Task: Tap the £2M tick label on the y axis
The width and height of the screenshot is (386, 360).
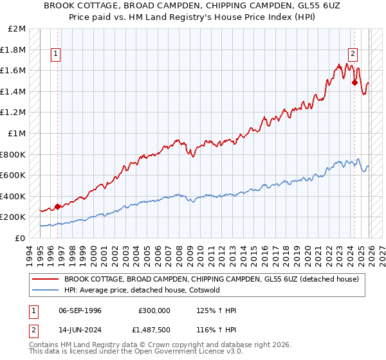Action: tap(17, 29)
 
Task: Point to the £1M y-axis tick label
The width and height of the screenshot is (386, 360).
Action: tap(17, 134)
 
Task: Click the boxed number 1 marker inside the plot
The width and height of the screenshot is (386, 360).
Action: tap(57, 55)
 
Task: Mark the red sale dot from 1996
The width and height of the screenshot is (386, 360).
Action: tap(57, 206)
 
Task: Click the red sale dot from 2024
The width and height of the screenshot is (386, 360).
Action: tap(354, 82)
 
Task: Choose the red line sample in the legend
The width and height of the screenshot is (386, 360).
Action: tap(45, 279)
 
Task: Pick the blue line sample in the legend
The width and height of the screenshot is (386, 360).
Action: tap(45, 290)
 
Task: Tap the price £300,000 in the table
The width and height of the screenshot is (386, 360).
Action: tap(154, 310)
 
